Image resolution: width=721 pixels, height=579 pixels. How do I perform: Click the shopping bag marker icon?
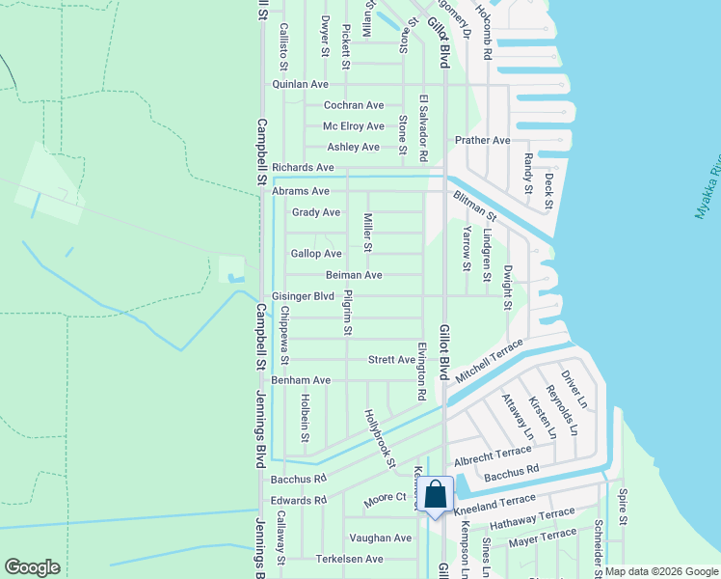[436, 494]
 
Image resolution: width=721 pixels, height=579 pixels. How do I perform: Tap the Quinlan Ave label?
[301, 84]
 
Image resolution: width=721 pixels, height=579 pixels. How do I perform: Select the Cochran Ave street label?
[354, 105]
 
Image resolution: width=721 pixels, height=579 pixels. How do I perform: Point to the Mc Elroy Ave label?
[353, 126]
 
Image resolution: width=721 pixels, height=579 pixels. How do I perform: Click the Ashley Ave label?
[353, 147]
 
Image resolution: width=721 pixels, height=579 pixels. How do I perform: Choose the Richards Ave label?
[303, 167]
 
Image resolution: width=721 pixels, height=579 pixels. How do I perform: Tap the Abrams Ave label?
[301, 191]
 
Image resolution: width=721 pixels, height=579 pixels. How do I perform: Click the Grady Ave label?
[316, 212]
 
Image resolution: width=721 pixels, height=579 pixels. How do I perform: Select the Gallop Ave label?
[316, 254]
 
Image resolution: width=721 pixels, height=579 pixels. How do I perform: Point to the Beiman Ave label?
[353, 275]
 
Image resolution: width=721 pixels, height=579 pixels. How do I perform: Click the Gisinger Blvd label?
[303, 296]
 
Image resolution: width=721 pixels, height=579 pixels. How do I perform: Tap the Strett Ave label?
[391, 360]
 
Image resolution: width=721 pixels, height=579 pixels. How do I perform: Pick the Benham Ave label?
[301, 380]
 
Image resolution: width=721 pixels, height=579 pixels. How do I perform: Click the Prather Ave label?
[483, 140]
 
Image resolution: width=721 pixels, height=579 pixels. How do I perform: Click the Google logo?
[32, 566]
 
